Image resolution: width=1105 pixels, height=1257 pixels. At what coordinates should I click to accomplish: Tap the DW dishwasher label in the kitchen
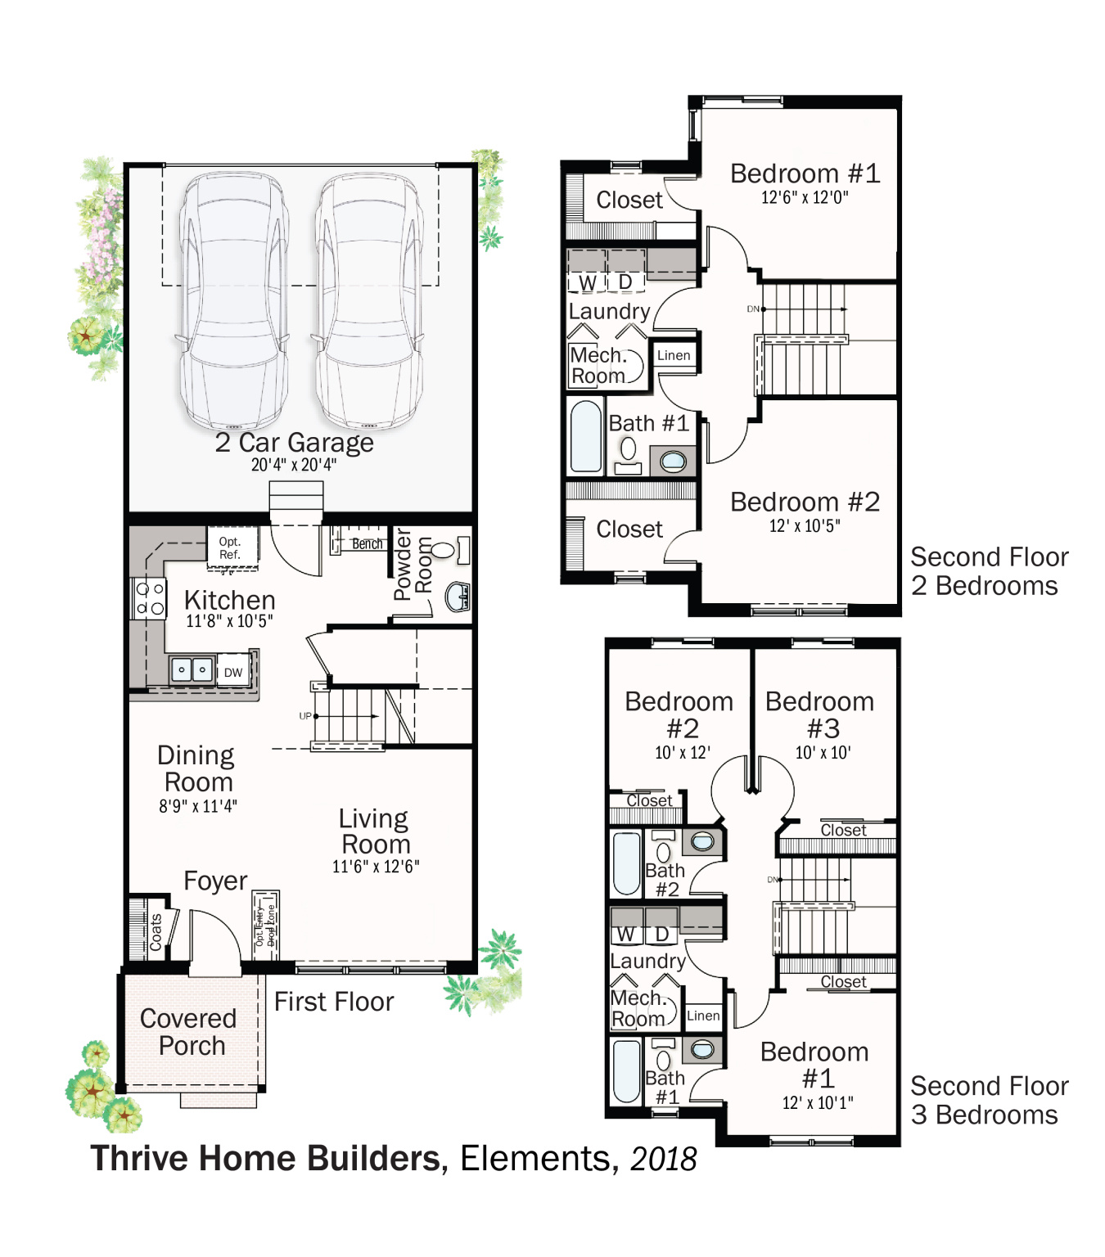[x=233, y=673]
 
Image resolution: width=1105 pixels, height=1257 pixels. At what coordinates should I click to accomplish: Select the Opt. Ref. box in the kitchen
[x=230, y=548]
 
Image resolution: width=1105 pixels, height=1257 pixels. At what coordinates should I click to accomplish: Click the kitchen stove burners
[x=150, y=599]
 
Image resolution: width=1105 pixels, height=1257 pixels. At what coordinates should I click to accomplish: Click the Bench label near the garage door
[x=367, y=544]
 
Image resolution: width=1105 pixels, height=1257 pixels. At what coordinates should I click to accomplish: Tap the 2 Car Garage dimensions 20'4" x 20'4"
[x=293, y=465]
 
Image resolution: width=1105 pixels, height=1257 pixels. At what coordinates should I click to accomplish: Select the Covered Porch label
[x=190, y=1032]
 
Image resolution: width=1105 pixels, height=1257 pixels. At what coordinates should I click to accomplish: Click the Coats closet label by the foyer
[x=156, y=932]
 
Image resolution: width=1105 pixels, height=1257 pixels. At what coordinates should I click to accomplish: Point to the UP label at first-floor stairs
[x=305, y=716]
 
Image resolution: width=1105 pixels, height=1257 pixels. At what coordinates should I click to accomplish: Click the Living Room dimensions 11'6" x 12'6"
[x=376, y=867]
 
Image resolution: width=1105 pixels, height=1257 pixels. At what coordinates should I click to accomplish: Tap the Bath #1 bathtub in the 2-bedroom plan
[x=586, y=436]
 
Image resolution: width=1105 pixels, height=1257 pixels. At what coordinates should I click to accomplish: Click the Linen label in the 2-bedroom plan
[x=674, y=355]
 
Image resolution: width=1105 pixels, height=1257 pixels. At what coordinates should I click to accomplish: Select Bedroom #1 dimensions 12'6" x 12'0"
[x=805, y=197]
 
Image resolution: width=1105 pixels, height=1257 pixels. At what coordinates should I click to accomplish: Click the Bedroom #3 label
[x=821, y=714]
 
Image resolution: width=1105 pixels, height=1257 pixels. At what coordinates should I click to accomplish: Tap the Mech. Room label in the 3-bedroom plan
[x=638, y=1008]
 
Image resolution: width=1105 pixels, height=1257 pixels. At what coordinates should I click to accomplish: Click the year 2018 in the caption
[x=663, y=1159]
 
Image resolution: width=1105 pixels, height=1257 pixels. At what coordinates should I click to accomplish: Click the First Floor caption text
[x=334, y=1002]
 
